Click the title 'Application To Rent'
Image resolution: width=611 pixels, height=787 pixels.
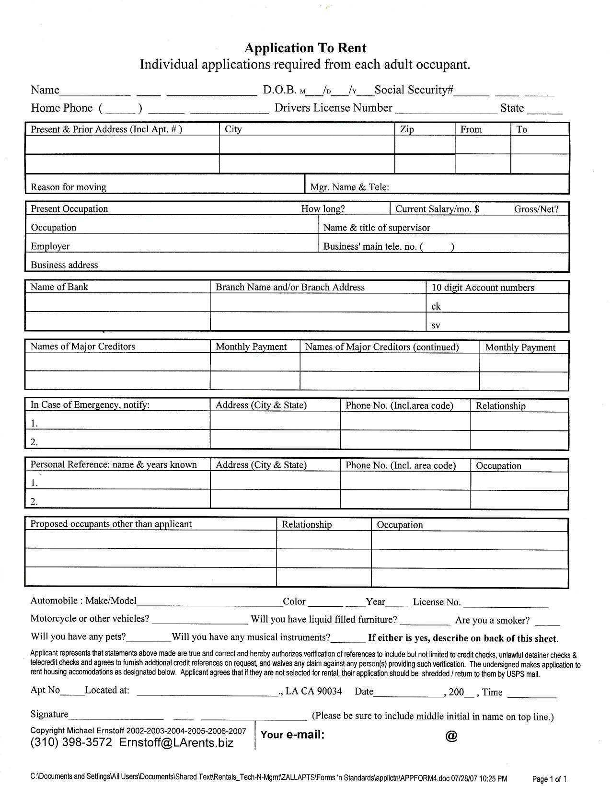tap(305, 48)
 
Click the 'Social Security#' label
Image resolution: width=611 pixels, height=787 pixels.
tap(414, 90)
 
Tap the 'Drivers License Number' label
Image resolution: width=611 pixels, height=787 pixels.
tap(334, 108)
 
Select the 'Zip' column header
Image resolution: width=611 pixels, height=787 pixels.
tap(407, 129)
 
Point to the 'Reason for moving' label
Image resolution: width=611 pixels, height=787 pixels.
tap(69, 187)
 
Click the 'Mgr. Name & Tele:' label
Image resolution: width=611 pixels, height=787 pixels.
tap(349, 187)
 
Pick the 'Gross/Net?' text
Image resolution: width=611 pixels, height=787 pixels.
tap(536, 209)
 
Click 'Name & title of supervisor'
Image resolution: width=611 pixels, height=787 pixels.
tap(377, 228)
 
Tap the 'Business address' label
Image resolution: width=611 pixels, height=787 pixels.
tap(64, 265)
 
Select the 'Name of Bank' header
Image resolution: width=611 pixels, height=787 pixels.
tap(59, 287)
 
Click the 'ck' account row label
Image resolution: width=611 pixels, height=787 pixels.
tap(436, 306)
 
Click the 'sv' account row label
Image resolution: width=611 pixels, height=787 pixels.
tap(436, 325)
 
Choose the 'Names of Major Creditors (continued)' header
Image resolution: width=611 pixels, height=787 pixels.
tap(382, 347)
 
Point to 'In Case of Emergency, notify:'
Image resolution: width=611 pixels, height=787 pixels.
tap(90, 405)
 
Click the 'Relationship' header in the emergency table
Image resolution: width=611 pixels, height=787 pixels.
tap(501, 406)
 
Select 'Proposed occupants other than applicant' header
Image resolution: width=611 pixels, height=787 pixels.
tap(111, 524)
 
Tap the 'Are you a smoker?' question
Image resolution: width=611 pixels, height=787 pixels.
tap(493, 620)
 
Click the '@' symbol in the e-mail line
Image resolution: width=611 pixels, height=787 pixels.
tap(451, 736)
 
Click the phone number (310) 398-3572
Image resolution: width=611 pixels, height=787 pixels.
tap(71, 743)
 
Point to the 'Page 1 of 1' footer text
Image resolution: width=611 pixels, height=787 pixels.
tap(550, 779)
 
